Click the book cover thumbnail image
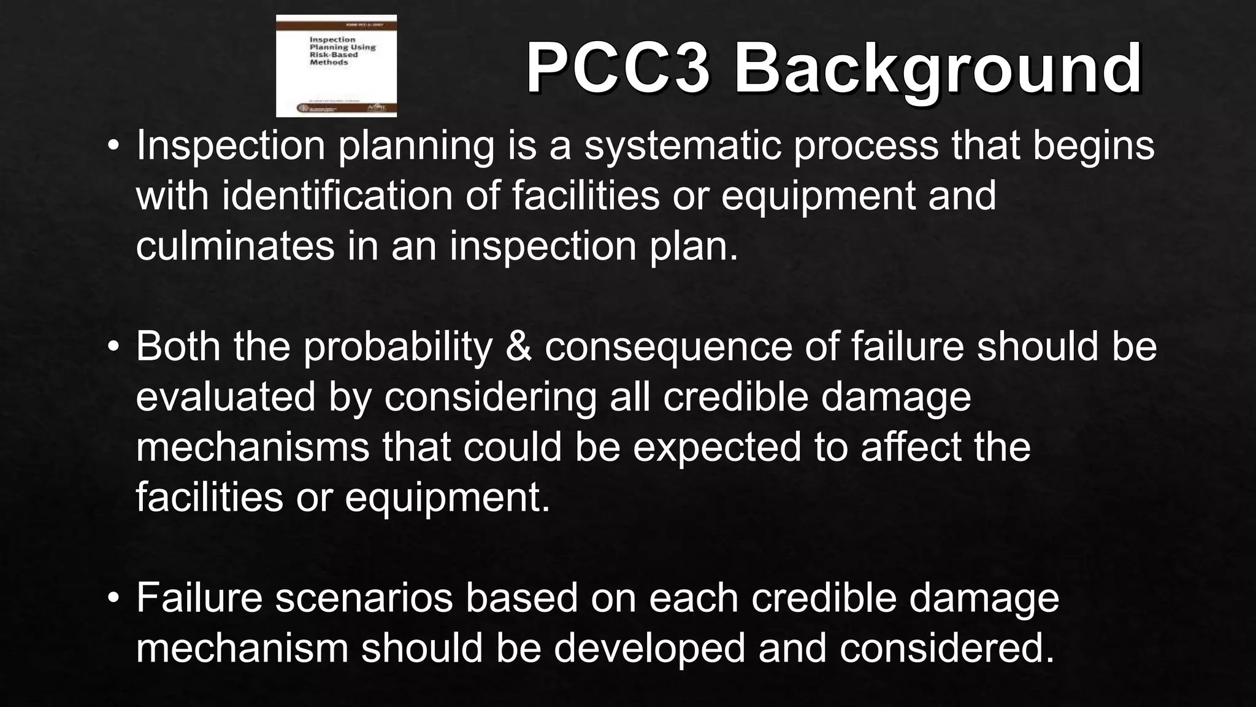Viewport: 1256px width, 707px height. tap(336, 66)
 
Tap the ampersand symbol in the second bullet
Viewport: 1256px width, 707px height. tap(518, 347)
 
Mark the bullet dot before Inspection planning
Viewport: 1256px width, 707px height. tap(113, 146)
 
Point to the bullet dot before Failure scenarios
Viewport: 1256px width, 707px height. tap(113, 598)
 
